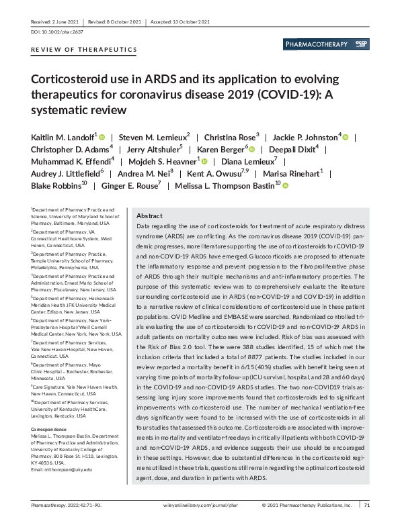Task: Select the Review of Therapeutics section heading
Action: pyautogui.click(x=84, y=50)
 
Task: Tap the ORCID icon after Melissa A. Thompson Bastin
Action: pyautogui.click(x=284, y=185)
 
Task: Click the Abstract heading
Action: pyautogui.click(x=149, y=216)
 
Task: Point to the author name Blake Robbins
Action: pyautogui.click(x=55, y=185)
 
